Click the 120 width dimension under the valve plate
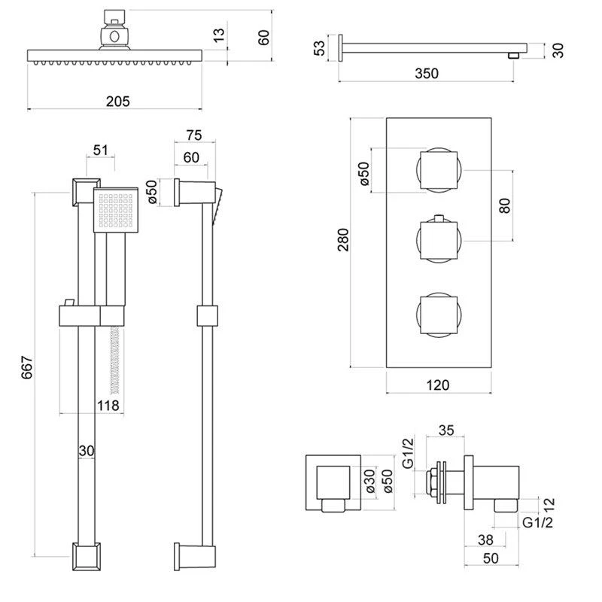(438, 385)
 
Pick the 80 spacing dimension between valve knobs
(505, 205)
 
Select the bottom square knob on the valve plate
(435, 313)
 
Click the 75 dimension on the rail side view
(194, 135)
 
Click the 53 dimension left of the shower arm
(320, 47)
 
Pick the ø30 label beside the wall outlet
(370, 479)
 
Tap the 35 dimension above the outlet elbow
(445, 432)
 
